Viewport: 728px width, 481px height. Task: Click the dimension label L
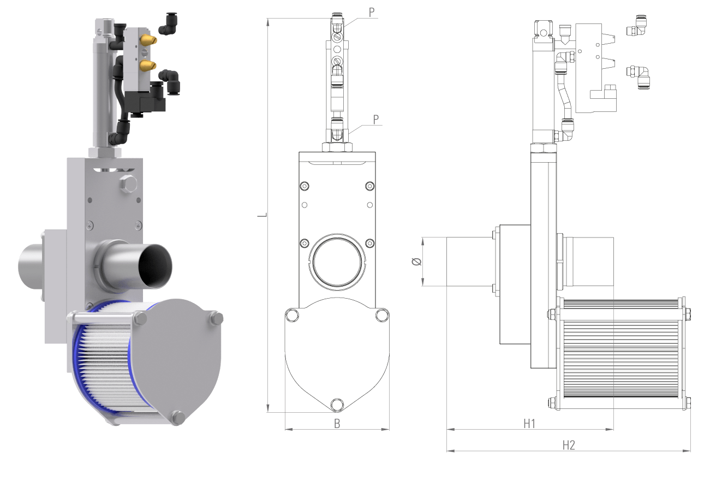[262, 215]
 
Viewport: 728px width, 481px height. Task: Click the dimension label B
[337, 423]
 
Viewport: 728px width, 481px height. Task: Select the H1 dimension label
[529, 423]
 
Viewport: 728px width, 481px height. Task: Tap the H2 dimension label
[569, 445]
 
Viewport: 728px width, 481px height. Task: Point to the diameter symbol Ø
[416, 262]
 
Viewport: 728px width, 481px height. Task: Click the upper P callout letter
[372, 13]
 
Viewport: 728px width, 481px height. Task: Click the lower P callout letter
[377, 119]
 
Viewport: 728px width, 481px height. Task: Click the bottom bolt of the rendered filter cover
[177, 418]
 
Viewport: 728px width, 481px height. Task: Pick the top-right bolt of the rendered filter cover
[215, 318]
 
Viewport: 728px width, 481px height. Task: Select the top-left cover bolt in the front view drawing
[292, 315]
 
